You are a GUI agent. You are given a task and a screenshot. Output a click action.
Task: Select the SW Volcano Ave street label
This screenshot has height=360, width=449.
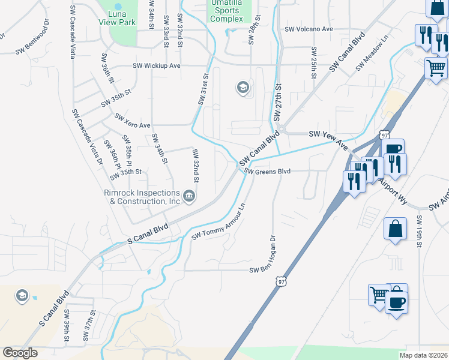[x=309, y=29]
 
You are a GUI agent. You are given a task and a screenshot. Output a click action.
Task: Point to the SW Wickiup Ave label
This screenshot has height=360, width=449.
[x=157, y=65]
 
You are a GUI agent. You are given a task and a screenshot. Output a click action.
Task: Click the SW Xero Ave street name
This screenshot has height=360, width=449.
[x=132, y=121]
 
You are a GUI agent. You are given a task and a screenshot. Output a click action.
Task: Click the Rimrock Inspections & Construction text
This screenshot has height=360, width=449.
[x=142, y=197]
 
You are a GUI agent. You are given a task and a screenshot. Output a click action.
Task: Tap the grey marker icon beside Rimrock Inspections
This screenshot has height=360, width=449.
[x=188, y=196]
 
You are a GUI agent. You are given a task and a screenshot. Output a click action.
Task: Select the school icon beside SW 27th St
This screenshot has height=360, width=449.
[x=243, y=88]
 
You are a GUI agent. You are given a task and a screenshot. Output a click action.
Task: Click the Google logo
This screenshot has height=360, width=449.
[x=20, y=353]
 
